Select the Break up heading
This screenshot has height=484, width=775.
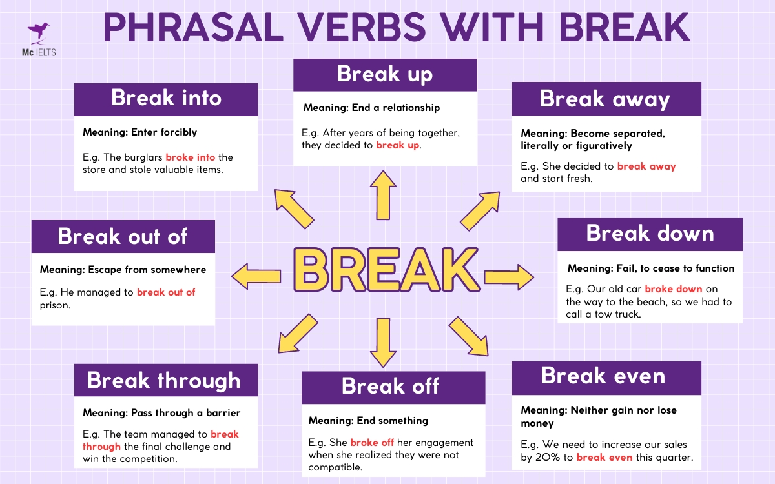click(x=385, y=74)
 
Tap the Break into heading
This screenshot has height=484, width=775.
click(x=166, y=98)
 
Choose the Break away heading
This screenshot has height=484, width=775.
click(x=605, y=99)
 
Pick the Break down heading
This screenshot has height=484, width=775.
click(x=650, y=234)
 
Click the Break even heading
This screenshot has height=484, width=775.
click(x=603, y=376)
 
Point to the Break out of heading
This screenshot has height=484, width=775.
click(x=123, y=236)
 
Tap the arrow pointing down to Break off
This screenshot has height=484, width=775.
click(x=384, y=342)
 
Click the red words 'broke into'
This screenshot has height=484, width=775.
click(x=190, y=157)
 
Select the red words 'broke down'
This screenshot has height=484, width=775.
click(x=673, y=289)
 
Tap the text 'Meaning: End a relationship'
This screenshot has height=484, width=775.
click(x=371, y=107)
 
